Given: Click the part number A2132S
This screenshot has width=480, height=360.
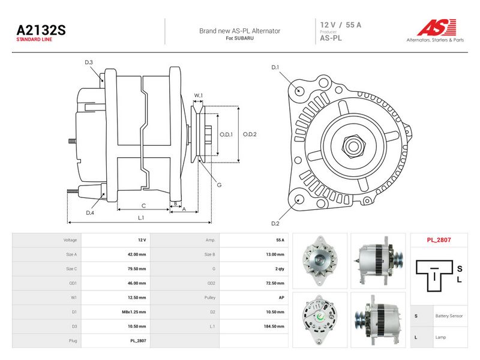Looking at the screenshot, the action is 41,30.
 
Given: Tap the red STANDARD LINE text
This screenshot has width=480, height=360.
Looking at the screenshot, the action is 34,40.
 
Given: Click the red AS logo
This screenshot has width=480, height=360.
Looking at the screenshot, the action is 437,27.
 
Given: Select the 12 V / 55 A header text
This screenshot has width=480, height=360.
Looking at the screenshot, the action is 341,25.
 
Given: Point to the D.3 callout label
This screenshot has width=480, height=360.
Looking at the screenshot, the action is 89,62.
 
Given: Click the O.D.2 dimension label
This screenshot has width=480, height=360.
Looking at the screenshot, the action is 250,134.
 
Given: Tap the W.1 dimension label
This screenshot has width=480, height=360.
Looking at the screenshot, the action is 199,95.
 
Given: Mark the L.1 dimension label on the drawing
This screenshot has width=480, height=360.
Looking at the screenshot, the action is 141,218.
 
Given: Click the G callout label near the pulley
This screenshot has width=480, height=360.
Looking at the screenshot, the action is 219,185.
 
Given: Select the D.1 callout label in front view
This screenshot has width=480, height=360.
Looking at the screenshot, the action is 275,67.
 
